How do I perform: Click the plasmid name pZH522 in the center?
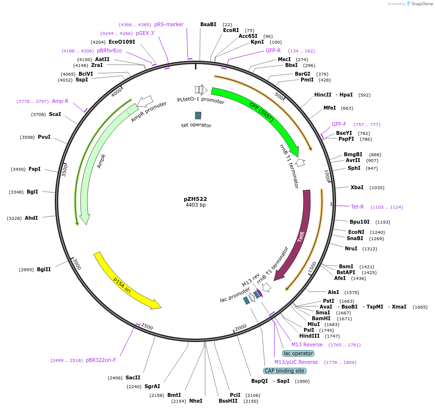(195, 199)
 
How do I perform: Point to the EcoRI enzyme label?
(231, 31)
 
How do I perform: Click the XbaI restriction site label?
(357, 187)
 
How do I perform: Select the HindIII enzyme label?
(309, 336)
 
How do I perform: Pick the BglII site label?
(44, 269)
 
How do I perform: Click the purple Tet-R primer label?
(357, 207)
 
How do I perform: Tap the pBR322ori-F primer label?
(101, 360)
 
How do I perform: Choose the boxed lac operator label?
(298, 353)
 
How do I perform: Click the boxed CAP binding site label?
(285, 371)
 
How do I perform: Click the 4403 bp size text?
(195, 205)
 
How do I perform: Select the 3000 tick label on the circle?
(77, 263)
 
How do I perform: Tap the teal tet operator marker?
(198, 115)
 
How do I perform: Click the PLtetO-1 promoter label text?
(201, 101)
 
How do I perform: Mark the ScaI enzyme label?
(55, 114)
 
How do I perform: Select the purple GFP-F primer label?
(339, 124)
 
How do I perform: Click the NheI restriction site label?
(195, 401)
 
